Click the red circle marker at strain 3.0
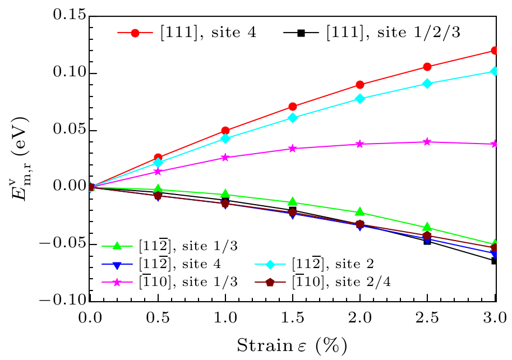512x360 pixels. click(x=494, y=50)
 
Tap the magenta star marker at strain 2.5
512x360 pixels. click(x=427, y=142)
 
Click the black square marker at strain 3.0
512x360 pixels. click(x=494, y=261)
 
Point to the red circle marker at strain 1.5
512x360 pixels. click(x=292, y=107)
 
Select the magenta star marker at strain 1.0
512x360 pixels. click(x=225, y=158)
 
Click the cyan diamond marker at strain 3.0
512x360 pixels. click(x=494, y=71)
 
